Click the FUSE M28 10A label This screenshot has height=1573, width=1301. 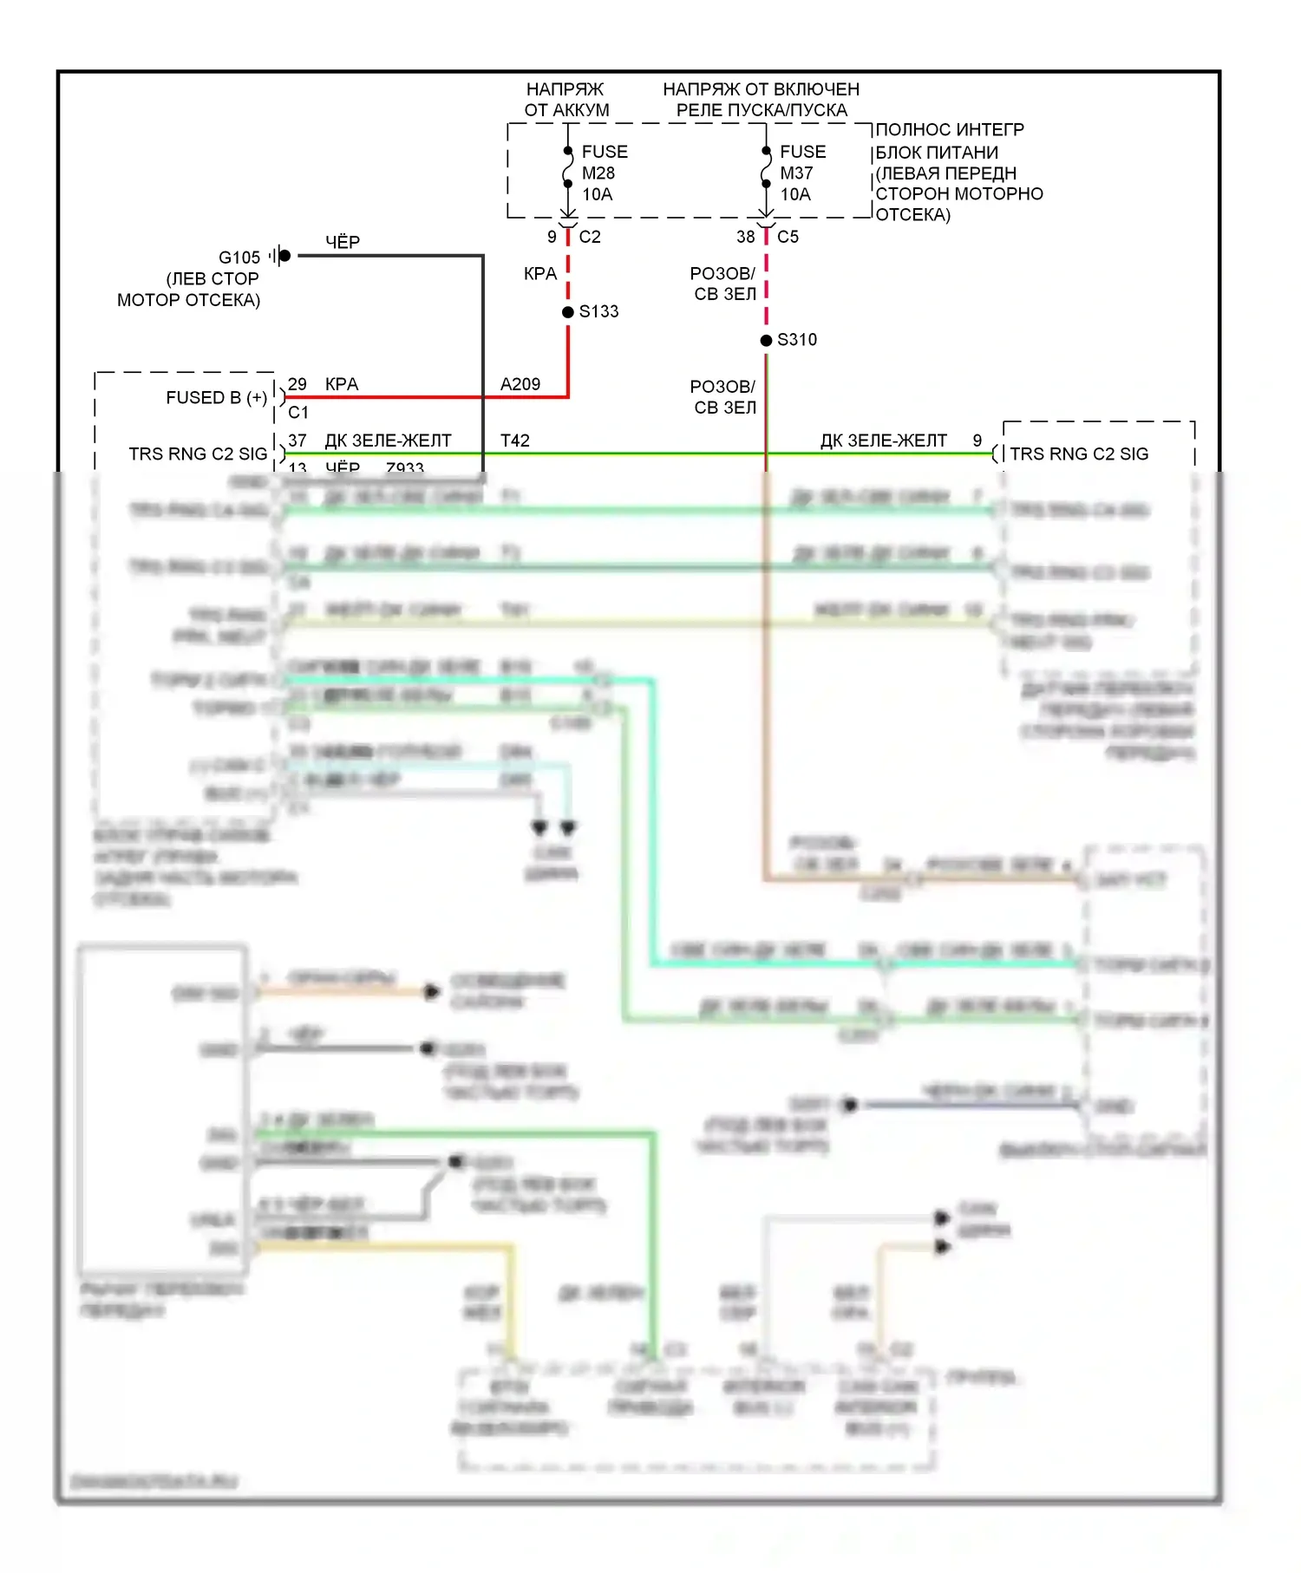click(x=604, y=173)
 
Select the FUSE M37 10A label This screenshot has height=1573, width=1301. click(x=801, y=173)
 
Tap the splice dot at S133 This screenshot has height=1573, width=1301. click(x=568, y=311)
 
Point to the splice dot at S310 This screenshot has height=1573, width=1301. click(x=766, y=340)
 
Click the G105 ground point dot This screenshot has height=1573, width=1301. click(x=284, y=256)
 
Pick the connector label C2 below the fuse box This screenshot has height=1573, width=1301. click(x=590, y=237)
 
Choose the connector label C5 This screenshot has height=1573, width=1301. click(x=788, y=237)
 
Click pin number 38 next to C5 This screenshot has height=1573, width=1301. click(x=746, y=237)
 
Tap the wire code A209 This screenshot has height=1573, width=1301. click(x=520, y=384)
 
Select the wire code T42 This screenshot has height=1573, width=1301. click(x=515, y=441)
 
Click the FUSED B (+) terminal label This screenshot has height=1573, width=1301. click(x=217, y=398)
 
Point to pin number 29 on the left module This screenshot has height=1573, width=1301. click(x=297, y=384)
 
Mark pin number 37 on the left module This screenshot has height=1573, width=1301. click(x=297, y=441)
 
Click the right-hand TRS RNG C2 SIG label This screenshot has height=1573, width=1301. click(x=1079, y=454)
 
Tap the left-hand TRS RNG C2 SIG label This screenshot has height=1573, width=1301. click(x=198, y=454)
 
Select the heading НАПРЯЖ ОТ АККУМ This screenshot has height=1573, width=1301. click(x=566, y=100)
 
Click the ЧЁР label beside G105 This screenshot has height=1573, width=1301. click(x=343, y=243)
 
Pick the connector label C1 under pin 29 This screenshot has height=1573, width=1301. click(x=298, y=412)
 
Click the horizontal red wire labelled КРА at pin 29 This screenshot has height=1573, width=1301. click(x=416, y=397)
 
